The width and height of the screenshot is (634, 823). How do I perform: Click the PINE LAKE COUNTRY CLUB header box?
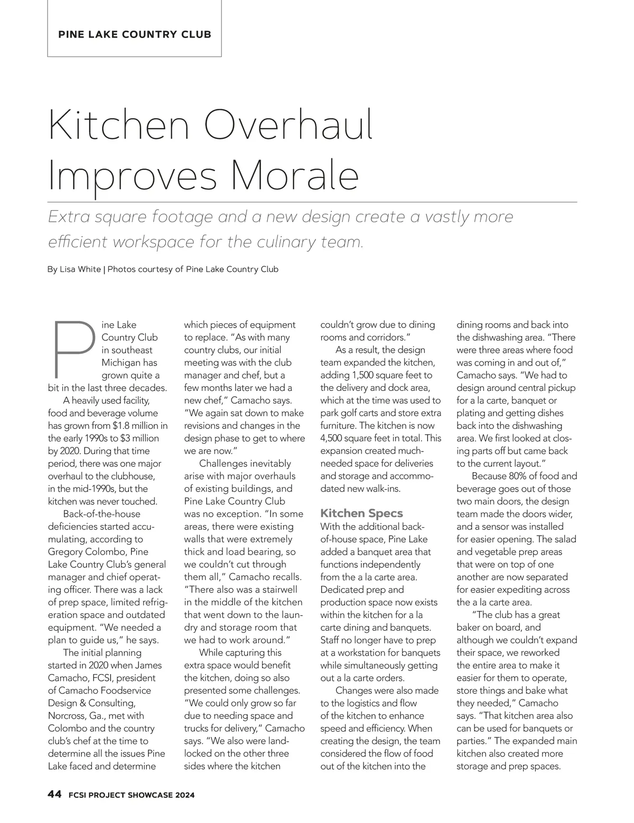[x=134, y=35]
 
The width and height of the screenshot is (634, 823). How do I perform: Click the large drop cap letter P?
[x=74, y=346]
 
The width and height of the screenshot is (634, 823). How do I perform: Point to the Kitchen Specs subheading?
[x=361, y=513]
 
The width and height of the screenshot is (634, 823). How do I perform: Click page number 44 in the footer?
[x=54, y=794]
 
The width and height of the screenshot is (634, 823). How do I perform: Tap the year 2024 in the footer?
[x=182, y=795]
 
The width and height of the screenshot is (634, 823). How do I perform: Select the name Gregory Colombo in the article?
[x=82, y=552]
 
